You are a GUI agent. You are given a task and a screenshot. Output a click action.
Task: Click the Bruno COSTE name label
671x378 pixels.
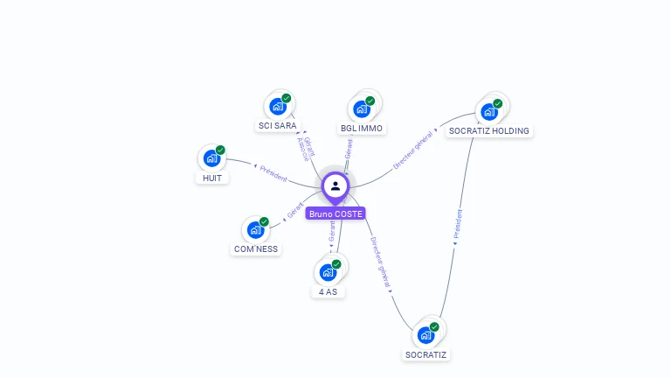[x=335, y=213]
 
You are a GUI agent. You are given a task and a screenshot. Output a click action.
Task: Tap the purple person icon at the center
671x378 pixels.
[x=335, y=185]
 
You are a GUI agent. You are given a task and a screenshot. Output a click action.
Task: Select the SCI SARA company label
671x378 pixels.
[x=277, y=126]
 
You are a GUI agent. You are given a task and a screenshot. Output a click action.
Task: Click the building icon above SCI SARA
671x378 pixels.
[x=278, y=107]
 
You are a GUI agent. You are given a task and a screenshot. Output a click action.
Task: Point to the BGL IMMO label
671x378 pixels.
[x=362, y=129]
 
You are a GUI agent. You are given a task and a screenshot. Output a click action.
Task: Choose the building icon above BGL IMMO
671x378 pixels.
[x=362, y=109]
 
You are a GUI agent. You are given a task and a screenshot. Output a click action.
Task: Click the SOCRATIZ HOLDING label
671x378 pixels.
[x=488, y=131]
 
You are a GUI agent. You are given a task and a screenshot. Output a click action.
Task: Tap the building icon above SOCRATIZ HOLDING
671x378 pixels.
[x=488, y=112]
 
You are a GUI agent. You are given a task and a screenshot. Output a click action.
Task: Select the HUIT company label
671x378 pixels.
[x=211, y=178]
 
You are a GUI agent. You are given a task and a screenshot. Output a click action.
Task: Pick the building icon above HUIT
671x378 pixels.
[x=211, y=158]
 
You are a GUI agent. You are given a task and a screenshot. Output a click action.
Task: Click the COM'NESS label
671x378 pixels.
[x=256, y=248]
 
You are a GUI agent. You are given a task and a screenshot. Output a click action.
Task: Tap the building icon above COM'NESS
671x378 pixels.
[x=255, y=229]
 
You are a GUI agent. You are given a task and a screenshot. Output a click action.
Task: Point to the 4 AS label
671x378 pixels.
[x=329, y=291]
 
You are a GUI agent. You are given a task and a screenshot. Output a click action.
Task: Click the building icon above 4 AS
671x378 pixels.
[x=328, y=272]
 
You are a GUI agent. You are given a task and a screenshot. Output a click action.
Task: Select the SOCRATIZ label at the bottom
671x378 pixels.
[x=426, y=354]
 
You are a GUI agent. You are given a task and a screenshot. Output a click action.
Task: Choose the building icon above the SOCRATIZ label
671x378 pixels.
[x=425, y=335]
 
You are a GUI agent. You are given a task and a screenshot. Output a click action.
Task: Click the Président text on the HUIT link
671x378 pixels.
[x=273, y=171]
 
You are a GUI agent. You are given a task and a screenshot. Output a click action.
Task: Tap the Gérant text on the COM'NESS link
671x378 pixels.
[x=294, y=211]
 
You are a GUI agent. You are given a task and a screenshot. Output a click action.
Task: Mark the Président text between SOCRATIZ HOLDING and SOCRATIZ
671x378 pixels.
[x=458, y=224]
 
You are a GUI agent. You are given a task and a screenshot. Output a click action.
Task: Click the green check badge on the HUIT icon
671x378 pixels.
[x=220, y=150]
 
